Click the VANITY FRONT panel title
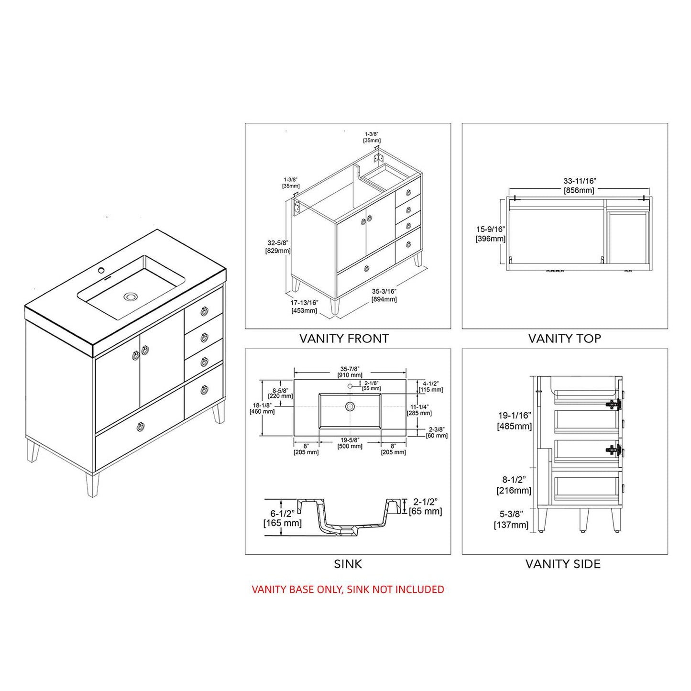pyautogui.click(x=344, y=339)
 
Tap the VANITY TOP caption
pyautogui.click(x=564, y=339)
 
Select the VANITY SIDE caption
pyautogui.click(x=563, y=564)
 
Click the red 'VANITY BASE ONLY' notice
pyautogui.click(x=348, y=589)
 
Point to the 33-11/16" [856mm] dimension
pyautogui.click(x=579, y=186)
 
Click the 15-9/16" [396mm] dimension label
pyautogui.click(x=490, y=234)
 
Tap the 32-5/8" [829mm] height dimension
pyautogui.click(x=278, y=246)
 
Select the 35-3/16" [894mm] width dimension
pyautogui.click(x=384, y=295)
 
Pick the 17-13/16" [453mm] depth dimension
pyautogui.click(x=304, y=306)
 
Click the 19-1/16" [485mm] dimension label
pyautogui.click(x=515, y=421)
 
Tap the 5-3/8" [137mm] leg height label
pyautogui.click(x=511, y=519)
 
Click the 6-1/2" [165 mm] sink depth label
pyautogui.click(x=283, y=518)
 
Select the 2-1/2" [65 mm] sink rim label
pyautogui.click(x=425, y=506)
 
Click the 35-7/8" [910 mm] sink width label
pyautogui.click(x=350, y=372)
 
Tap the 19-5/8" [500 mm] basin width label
pyautogui.click(x=350, y=443)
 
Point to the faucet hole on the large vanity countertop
pyautogui.click(x=101, y=271)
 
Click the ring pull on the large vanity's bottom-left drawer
pyautogui.click(x=141, y=427)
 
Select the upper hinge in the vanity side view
pyautogui.click(x=613, y=405)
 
